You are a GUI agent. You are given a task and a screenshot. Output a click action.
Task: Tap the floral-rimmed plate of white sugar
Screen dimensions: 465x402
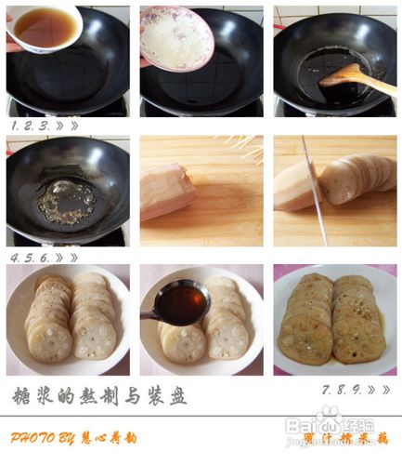tap(177, 37)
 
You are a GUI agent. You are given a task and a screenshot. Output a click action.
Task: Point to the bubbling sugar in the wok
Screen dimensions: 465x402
tap(65, 200)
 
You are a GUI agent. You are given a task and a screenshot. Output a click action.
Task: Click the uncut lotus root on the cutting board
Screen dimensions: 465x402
tap(166, 192)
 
